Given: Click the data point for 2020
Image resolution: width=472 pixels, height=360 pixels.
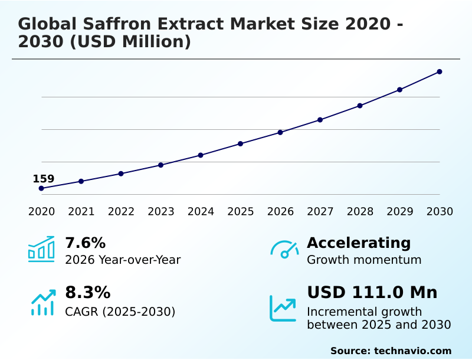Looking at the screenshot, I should click(x=41, y=188).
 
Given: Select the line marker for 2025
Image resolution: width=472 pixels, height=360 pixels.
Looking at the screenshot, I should click(x=241, y=143).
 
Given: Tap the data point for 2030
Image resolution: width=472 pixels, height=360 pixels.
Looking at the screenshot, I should click(x=440, y=72).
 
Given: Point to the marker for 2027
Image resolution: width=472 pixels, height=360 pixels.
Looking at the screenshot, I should click(x=320, y=120).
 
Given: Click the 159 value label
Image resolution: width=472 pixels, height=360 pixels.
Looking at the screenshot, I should click(x=43, y=179).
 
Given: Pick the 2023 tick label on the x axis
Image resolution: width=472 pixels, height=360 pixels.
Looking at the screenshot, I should click(x=161, y=212).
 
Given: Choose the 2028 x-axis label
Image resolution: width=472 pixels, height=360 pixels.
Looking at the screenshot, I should click(x=360, y=212).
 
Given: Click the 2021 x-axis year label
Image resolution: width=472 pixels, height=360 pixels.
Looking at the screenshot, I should click(x=81, y=212).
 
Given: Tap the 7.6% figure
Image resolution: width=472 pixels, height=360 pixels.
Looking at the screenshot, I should click(x=85, y=243).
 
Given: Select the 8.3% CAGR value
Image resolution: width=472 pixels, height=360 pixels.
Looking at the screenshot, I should click(x=87, y=292).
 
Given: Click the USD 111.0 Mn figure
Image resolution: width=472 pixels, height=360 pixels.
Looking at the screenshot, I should click(x=372, y=292).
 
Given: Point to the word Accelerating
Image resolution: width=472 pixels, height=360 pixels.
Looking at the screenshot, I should click(x=359, y=243).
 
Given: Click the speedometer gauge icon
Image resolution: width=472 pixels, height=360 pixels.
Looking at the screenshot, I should click(x=284, y=249).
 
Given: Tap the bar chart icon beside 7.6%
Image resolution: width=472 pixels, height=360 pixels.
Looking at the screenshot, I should click(x=41, y=249).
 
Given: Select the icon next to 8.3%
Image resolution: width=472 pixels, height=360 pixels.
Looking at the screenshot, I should click(x=42, y=302).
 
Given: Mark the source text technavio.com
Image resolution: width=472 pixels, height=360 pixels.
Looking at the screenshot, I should click(x=412, y=351).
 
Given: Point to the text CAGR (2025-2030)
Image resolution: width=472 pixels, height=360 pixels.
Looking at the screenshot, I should click(x=120, y=312).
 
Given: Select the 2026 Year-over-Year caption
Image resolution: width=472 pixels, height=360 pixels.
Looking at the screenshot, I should click(x=123, y=260).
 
